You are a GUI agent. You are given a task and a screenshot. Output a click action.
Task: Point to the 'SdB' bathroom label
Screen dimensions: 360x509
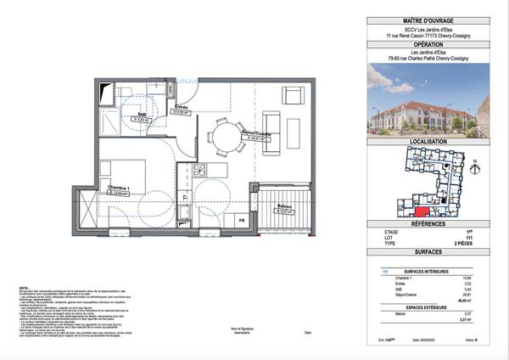(x=142, y=114)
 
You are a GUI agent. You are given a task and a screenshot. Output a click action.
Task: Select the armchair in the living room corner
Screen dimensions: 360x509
(x=294, y=94)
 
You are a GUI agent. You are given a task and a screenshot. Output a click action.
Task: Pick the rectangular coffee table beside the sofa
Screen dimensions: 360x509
(x=294, y=132)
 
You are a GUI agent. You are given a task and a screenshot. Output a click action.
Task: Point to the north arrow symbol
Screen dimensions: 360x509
(x=475, y=166)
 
